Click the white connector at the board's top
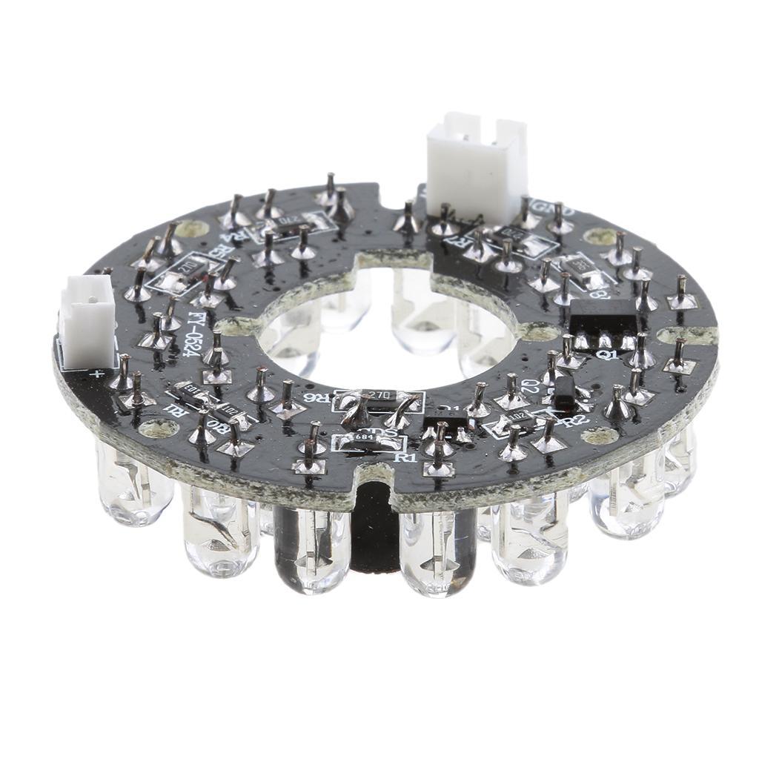(x=476, y=166)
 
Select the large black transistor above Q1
(x=605, y=324)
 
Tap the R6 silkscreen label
(x=323, y=398)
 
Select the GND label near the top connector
(x=561, y=211)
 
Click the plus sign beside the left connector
(x=96, y=374)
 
